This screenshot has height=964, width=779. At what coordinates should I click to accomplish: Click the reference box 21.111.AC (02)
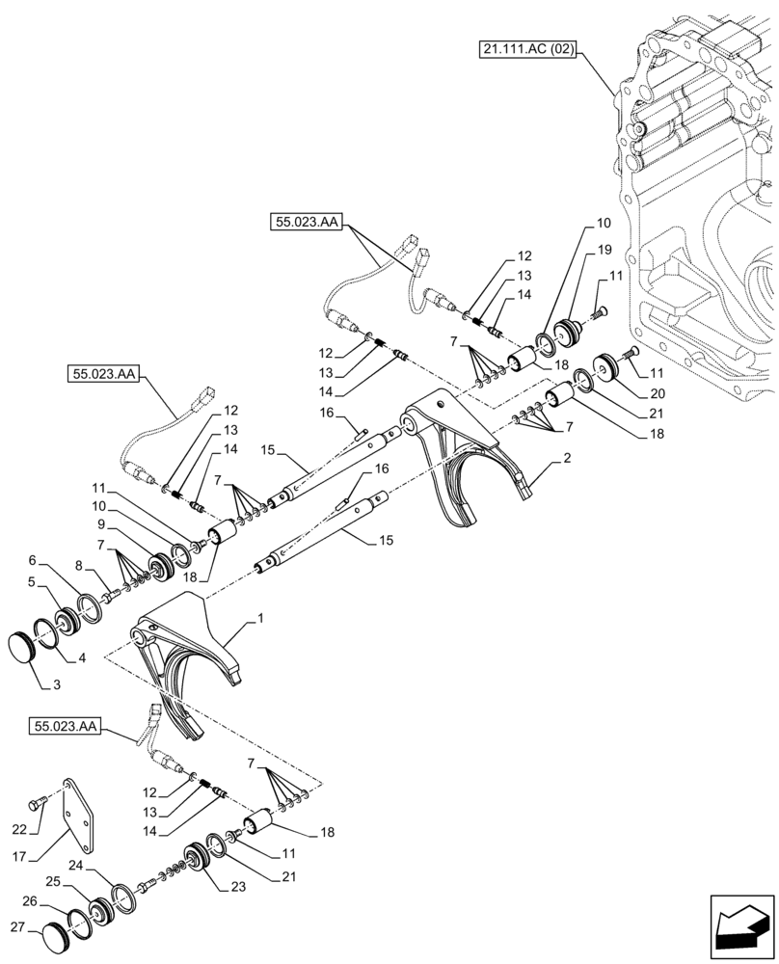(526, 48)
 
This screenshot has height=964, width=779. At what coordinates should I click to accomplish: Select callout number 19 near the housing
(604, 249)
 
